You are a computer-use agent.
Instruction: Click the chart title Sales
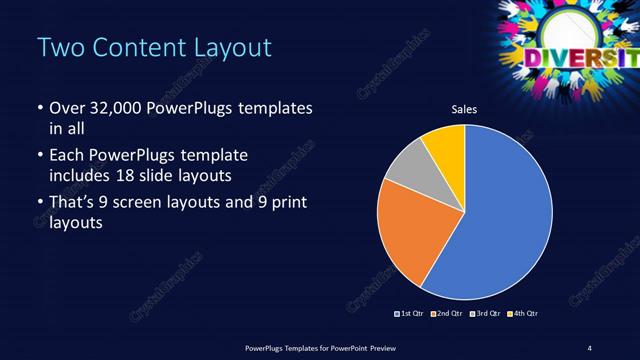tap(464, 111)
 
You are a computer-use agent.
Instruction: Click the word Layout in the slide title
tap(226, 47)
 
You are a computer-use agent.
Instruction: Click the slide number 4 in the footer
tap(590, 347)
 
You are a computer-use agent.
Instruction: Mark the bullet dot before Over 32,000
tap(39, 108)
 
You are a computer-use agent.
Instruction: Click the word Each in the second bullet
tap(66, 157)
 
